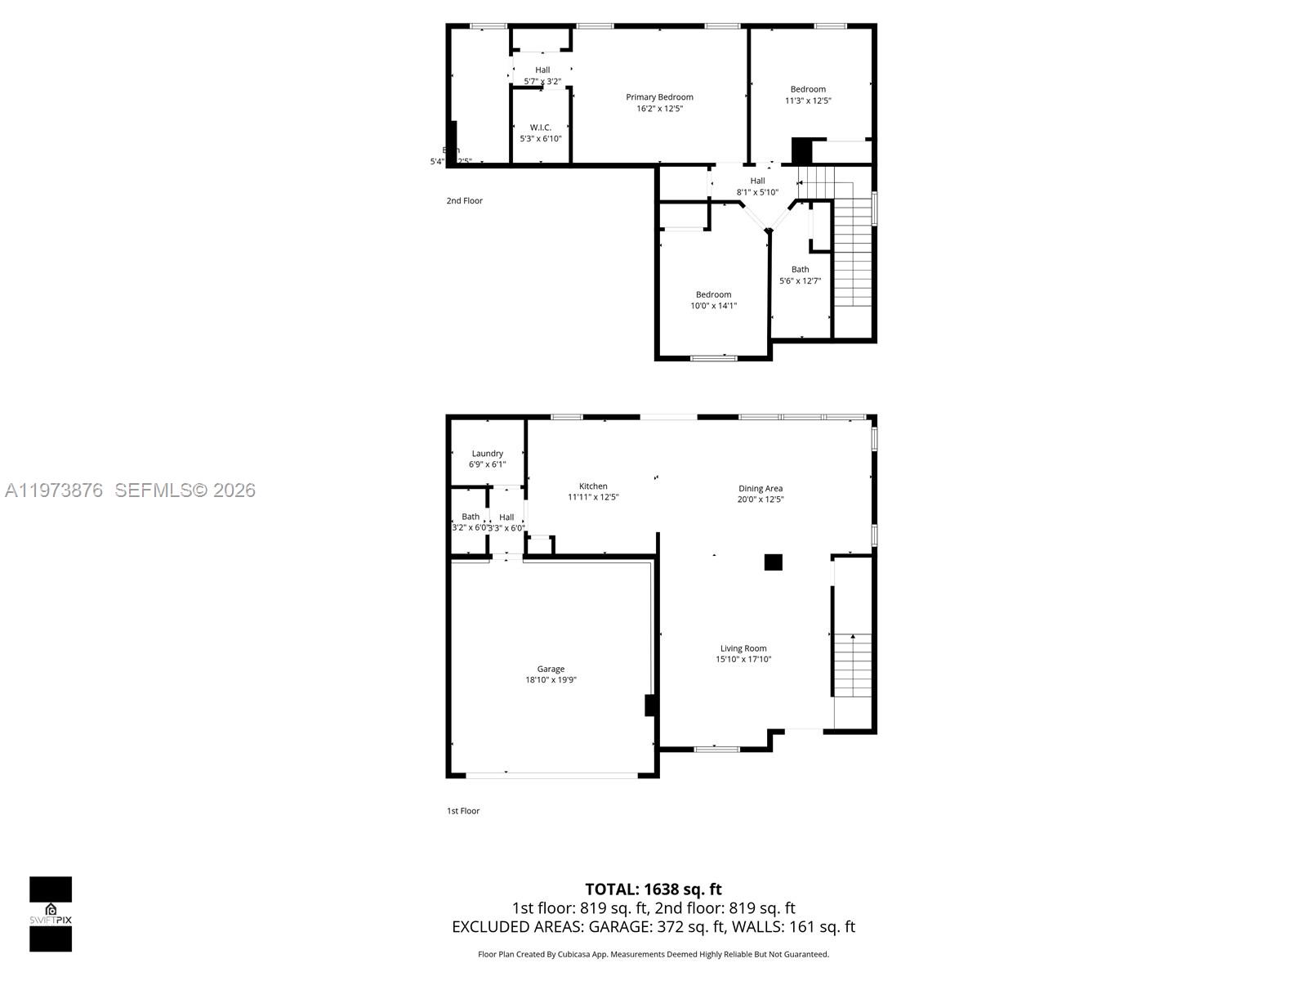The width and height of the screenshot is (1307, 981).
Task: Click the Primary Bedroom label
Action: (659, 97)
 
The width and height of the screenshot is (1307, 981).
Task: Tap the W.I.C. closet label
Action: (540, 128)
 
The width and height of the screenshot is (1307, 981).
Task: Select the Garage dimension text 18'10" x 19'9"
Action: (551, 680)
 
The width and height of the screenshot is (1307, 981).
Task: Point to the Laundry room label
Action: (487, 454)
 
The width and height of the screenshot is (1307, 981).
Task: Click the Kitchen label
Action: (593, 486)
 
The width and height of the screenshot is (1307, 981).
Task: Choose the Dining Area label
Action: (761, 489)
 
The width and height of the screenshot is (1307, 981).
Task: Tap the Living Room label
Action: (743, 648)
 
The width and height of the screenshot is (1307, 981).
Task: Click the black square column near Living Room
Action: (773, 562)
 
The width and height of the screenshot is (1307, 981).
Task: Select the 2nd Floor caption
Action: (464, 200)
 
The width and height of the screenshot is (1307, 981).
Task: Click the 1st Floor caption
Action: (463, 811)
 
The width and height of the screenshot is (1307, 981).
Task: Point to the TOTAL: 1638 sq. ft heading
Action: (653, 889)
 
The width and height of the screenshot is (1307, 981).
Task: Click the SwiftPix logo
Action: (51, 914)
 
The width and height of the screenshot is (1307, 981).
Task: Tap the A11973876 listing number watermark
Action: (54, 490)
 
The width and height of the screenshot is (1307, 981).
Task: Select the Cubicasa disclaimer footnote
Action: (653, 954)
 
